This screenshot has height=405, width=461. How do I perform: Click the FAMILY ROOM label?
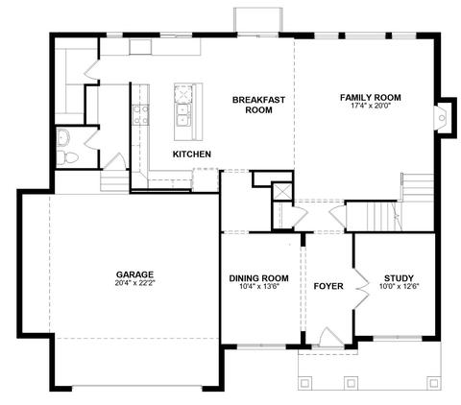tap(371, 97)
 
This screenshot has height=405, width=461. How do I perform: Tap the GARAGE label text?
tap(134, 274)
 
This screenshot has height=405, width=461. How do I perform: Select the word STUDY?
tap(399, 278)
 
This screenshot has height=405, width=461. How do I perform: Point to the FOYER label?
tap(328, 286)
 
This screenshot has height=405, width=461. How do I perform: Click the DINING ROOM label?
tap(258, 278)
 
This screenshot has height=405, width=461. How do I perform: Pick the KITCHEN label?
tap(192, 155)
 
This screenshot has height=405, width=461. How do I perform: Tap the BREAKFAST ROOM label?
tap(258, 105)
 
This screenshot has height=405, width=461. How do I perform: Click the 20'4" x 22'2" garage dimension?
tap(134, 283)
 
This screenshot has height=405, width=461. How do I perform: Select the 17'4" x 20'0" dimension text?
tap(371, 106)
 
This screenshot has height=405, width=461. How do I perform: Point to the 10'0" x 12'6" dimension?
tap(400, 287)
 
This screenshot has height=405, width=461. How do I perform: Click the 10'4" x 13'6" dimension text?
tap(259, 287)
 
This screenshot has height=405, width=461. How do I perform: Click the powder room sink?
tap(63, 137)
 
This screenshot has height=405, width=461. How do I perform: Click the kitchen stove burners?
tap(141, 114)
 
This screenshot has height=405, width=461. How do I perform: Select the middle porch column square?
tap(351, 383)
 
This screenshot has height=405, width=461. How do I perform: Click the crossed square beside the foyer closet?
tap(282, 191)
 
